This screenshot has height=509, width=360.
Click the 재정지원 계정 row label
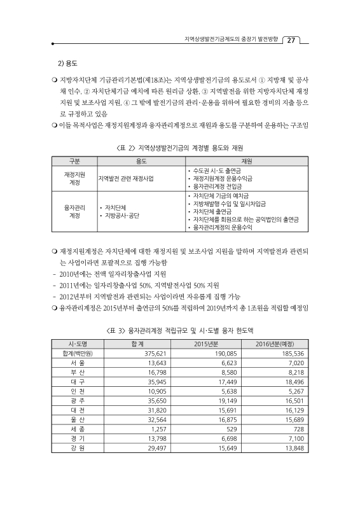tap(75, 178)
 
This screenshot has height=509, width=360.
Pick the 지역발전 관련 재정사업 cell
tap(127, 179)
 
